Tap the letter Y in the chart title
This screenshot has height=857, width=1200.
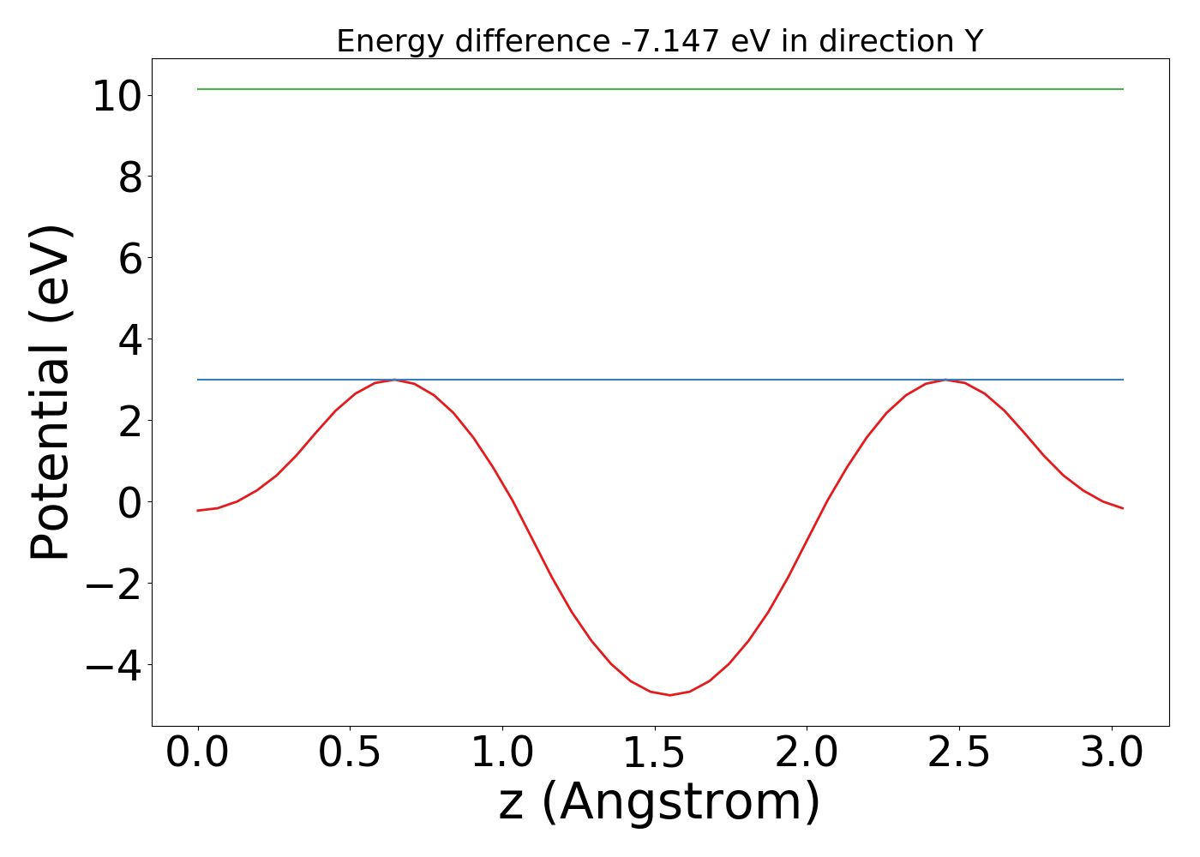click(973, 41)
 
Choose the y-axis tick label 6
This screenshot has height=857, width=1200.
click(129, 258)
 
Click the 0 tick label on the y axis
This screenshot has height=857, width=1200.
click(129, 502)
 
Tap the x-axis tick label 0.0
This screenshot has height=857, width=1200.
click(198, 753)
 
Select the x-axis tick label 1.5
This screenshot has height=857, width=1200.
click(655, 753)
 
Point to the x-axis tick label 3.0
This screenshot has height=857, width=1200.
click(1112, 753)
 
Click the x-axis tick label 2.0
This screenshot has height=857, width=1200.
click(807, 753)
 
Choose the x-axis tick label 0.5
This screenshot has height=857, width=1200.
click(351, 753)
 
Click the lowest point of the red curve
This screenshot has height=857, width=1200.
click(669, 695)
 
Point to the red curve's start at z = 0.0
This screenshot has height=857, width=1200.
click(198, 511)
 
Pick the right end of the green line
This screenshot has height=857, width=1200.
click(1123, 89)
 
